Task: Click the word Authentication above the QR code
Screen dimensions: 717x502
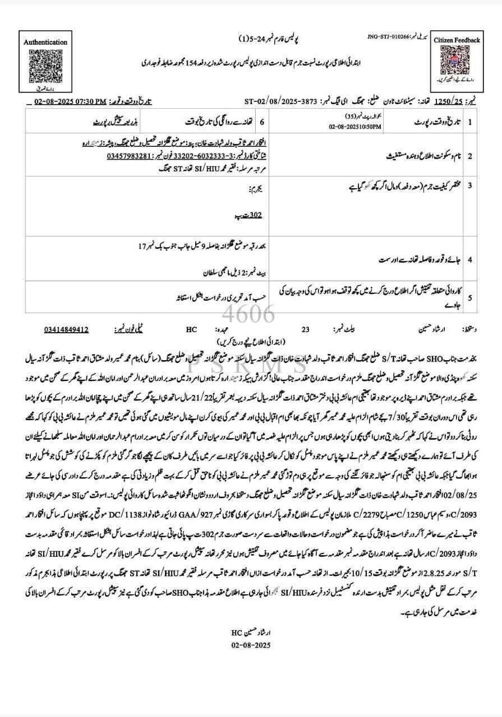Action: point(45,42)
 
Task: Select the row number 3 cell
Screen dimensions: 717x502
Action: point(470,185)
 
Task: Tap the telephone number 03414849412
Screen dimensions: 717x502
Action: point(66,330)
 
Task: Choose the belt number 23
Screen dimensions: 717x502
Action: point(305,330)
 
